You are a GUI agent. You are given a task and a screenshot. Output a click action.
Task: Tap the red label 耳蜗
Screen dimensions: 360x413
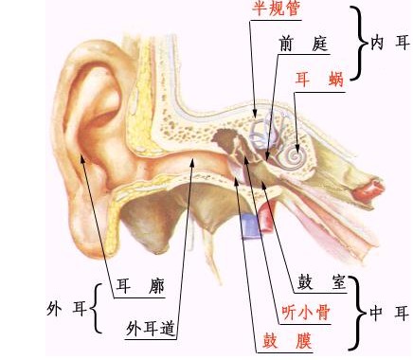coord(316,80)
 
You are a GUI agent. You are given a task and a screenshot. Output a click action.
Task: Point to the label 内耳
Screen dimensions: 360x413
coord(389,43)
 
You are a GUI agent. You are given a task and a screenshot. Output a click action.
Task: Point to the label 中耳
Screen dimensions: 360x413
coord(389,313)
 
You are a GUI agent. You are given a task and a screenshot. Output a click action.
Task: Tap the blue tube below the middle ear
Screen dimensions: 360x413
coord(251,224)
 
